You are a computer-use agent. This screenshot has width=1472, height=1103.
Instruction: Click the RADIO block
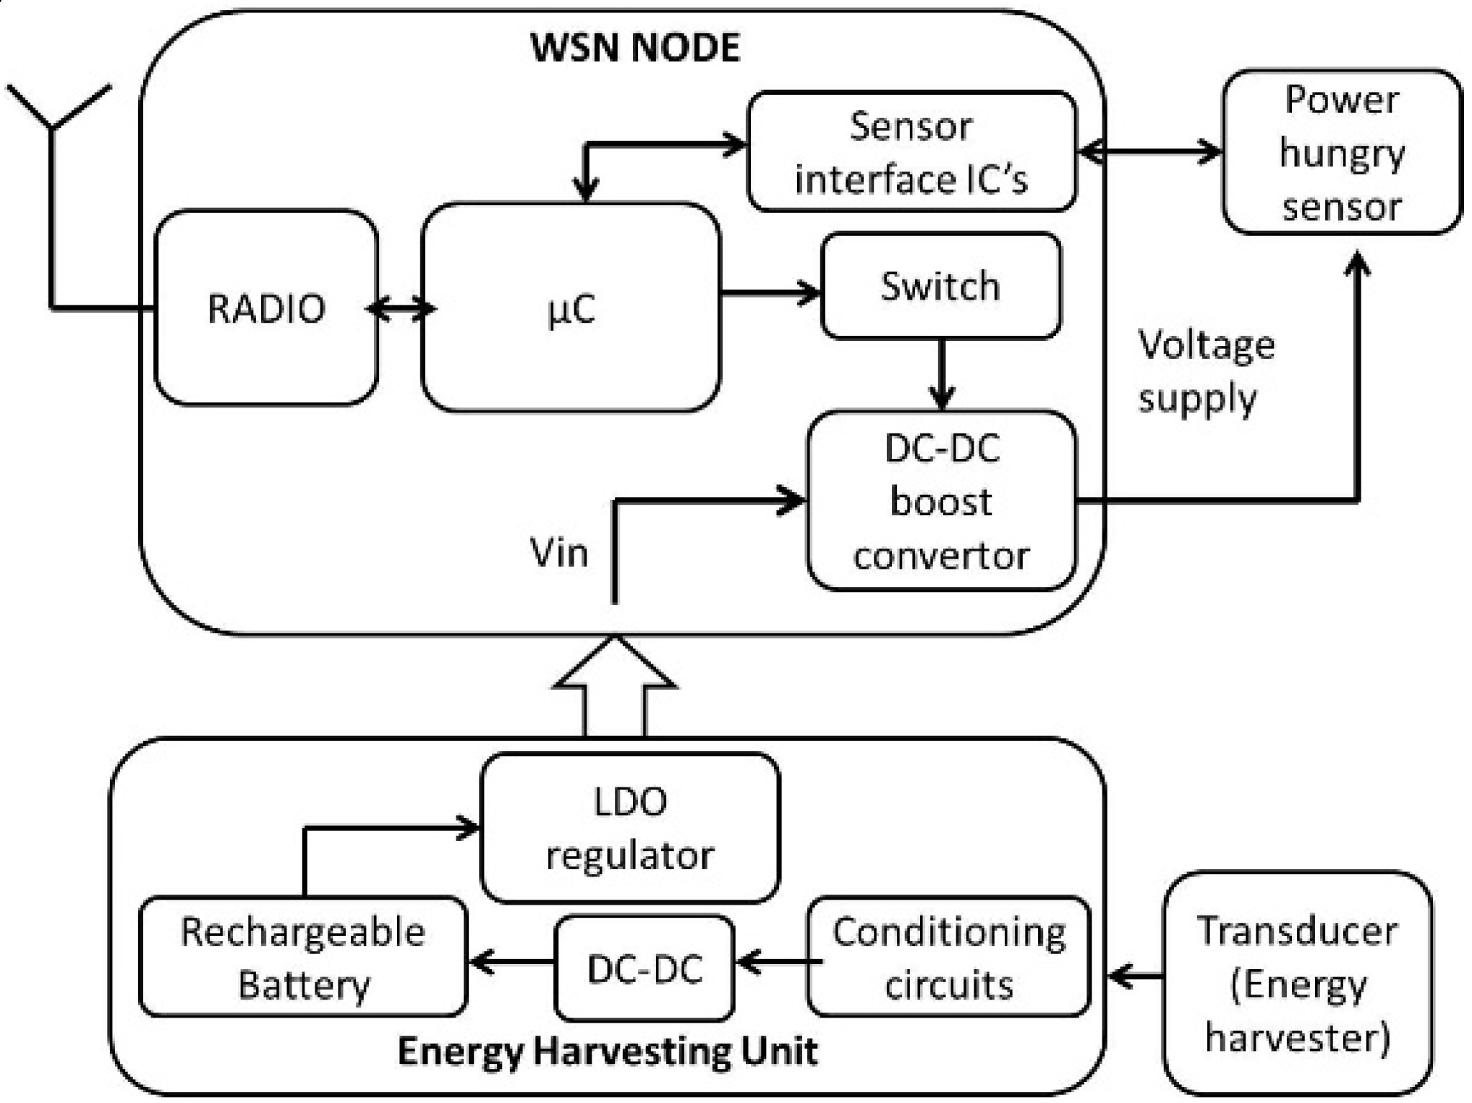pos(266,308)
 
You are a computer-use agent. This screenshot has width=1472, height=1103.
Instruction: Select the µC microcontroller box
pos(571,308)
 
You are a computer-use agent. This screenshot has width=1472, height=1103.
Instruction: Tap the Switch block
pos(940,286)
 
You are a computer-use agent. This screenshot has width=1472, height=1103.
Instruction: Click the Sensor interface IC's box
pos(911,152)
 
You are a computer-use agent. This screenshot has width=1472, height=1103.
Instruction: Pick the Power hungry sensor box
pos(1342,152)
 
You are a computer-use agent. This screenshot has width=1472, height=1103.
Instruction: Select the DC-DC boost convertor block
pos(942,501)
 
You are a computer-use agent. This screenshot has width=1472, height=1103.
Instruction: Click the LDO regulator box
pos(630,828)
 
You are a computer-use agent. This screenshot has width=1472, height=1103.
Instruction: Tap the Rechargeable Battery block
pos(303,957)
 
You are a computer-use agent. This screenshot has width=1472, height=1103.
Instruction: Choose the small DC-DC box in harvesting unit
pos(644,968)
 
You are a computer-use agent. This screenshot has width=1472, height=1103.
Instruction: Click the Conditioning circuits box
pos(949,957)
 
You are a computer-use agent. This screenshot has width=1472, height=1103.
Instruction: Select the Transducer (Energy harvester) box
pos(1298,983)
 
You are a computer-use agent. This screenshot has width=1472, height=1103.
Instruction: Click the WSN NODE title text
pos(635,48)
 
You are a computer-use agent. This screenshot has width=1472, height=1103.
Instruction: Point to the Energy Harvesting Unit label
pos(608,1051)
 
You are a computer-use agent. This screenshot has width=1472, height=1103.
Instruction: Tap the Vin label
pos(558,553)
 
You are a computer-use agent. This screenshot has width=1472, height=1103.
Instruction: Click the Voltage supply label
pos(1205,371)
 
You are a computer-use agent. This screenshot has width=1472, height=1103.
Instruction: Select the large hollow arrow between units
pos(614,688)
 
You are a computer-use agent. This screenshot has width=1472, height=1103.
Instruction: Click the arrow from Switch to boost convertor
pos(941,375)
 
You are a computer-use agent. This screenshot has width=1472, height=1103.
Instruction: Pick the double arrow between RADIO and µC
pos(400,309)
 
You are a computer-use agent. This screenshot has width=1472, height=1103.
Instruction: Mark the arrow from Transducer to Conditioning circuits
pos(1136,977)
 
